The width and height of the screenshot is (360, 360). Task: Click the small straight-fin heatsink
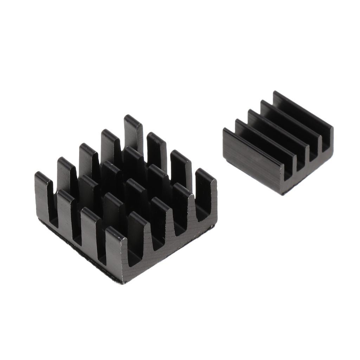tap(278, 148)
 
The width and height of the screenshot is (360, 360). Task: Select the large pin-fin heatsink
tap(127, 204)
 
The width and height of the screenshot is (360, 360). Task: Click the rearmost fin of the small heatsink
tap(302, 109)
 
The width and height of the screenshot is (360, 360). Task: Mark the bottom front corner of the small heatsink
tap(281, 193)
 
